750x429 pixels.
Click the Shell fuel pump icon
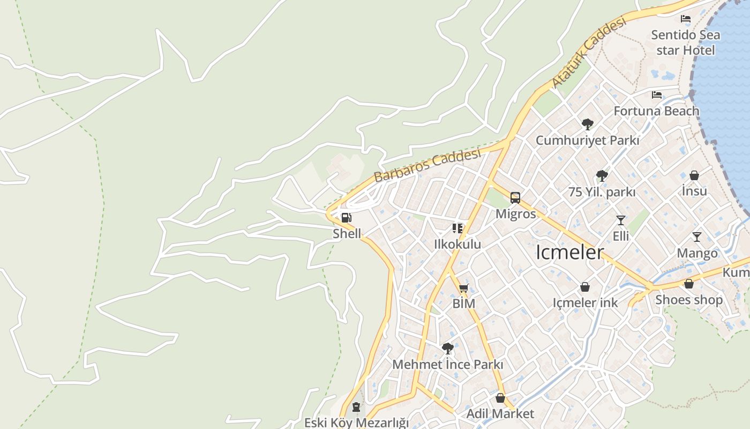click(x=347, y=218)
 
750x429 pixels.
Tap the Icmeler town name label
click(x=570, y=252)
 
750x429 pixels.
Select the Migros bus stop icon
click(x=515, y=198)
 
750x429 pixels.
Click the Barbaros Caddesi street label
click(x=427, y=166)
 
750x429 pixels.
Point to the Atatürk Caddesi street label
click(x=589, y=53)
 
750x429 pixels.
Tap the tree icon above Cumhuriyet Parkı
click(x=588, y=124)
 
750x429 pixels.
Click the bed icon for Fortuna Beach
click(x=657, y=95)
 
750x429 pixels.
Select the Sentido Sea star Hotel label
click(x=685, y=42)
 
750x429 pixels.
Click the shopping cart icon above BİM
click(x=464, y=288)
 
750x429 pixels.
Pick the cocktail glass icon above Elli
click(x=621, y=220)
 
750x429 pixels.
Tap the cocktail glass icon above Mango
click(x=697, y=237)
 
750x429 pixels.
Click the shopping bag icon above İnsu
click(x=694, y=175)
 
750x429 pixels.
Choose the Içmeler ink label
click(x=585, y=302)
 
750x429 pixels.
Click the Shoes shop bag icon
click(x=689, y=284)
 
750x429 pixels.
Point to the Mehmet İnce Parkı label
click(x=448, y=365)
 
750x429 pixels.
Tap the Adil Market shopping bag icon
click(x=500, y=398)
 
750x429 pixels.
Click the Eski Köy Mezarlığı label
click(x=356, y=423)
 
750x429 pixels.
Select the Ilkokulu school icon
click(x=457, y=228)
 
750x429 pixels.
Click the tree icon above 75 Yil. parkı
click(x=602, y=175)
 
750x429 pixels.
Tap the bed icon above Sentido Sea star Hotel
click(x=685, y=19)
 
